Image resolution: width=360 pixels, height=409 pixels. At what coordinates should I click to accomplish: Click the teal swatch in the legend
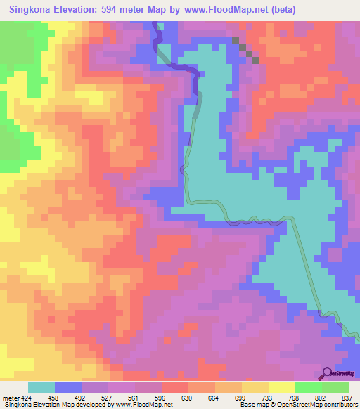pos(41,387)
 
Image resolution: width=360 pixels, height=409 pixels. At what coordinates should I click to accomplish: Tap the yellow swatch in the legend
pos(282,387)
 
